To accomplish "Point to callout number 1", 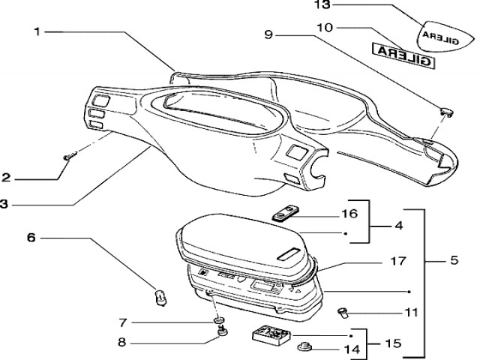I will coord(37,31).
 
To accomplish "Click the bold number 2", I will coord(6,178).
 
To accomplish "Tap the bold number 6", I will coord(31,238).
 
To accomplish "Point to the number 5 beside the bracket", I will coord(454,262).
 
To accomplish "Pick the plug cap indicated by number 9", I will coord(447,112).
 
